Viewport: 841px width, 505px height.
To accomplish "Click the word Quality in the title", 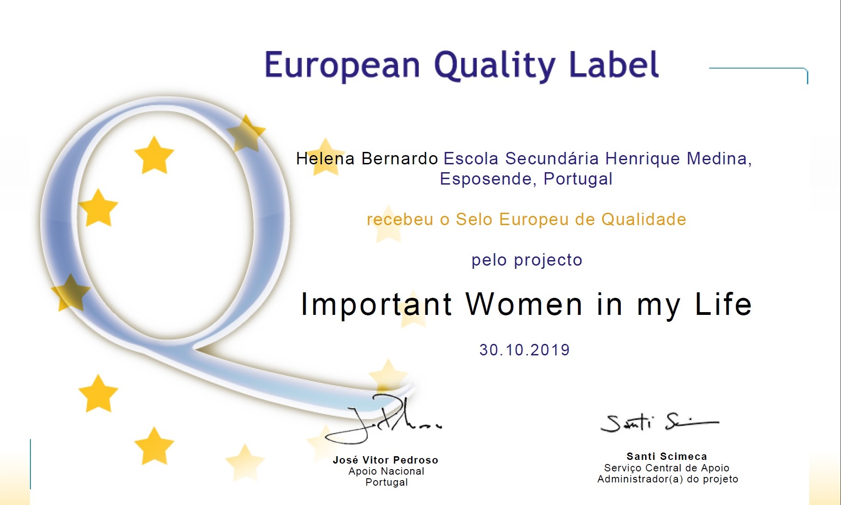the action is coord(495,66).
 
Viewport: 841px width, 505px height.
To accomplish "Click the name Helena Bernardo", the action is coord(367,158).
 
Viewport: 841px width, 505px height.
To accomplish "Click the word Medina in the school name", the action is coord(719,158).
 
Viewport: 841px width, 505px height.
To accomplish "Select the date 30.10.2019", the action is coord(524,350).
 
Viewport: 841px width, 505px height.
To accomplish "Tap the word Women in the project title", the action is coord(524,304).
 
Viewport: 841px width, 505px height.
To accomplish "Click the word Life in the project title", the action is coord(723,304).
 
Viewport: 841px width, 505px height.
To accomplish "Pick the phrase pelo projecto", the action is coord(527,261).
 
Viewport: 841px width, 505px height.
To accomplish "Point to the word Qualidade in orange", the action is coord(644,219).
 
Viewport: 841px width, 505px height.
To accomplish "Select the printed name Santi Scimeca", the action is coord(667,456).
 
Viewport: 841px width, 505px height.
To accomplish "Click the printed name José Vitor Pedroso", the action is coord(386,460).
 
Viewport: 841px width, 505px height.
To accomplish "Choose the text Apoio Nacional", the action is coord(387,471).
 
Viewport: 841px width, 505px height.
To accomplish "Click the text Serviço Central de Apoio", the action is coord(667,468).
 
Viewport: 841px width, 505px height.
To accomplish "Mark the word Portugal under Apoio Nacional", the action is coord(387,482).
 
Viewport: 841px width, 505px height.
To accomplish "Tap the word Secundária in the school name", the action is coord(552,158).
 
